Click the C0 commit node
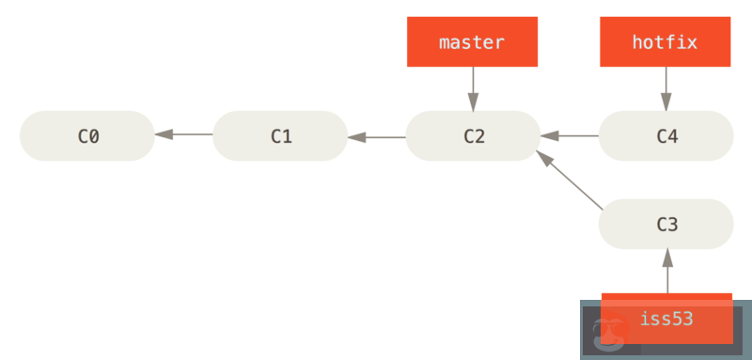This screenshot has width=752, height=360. pos(86,135)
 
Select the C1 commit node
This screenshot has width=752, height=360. pos(280,135)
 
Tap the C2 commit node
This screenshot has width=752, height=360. pos(473,135)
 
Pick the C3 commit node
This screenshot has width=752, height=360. pos(666,224)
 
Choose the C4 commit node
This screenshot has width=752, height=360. pos(666,135)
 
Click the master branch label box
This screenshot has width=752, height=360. pos(472,42)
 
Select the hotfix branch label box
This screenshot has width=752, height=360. pos(666,42)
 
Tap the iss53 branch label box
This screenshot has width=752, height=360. pos(666,319)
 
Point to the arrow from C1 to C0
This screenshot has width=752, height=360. pos(184,135)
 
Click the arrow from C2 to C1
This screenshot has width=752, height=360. pos(377,137)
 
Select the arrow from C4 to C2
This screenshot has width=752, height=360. pos(570,136)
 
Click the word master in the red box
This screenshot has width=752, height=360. pos(472,42)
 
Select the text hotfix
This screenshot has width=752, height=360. pos(666,42)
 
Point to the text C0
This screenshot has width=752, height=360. pos(87,135)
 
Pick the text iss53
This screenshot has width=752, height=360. pos(666,319)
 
